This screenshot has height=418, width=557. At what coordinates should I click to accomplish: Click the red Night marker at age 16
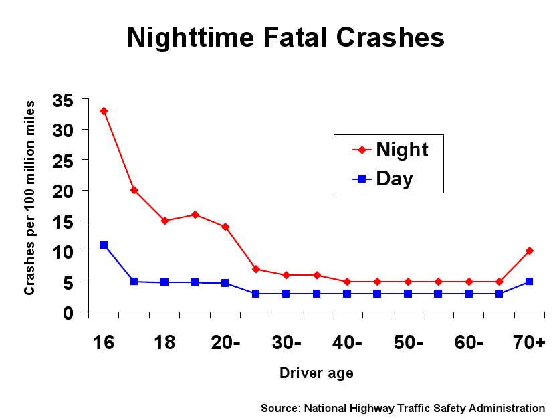(x=104, y=111)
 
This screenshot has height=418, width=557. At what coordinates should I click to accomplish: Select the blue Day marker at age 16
(x=104, y=245)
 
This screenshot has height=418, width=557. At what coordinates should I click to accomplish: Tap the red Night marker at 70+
(x=530, y=251)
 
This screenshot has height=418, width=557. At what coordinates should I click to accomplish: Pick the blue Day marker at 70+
(x=530, y=282)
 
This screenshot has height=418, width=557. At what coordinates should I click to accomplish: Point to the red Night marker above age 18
(x=164, y=221)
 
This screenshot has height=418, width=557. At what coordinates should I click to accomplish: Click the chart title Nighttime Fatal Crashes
(x=286, y=37)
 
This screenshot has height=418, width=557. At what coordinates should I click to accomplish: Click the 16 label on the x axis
(x=104, y=342)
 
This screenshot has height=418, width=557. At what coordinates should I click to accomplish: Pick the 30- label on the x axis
(x=287, y=342)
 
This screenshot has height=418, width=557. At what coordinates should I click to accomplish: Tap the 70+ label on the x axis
(x=529, y=342)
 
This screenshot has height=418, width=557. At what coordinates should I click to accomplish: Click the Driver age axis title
(x=316, y=373)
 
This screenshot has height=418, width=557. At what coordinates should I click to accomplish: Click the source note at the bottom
(x=403, y=408)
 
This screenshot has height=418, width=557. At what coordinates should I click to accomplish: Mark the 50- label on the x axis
(x=409, y=342)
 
